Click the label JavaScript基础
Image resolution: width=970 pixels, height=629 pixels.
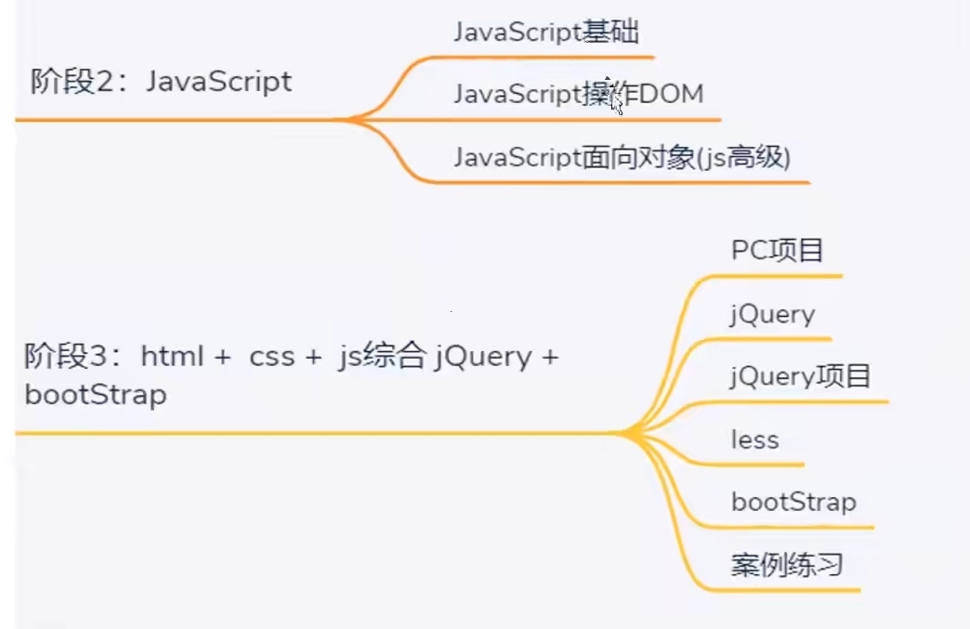click(x=546, y=33)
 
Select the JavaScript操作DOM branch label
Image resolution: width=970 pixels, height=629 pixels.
click(x=578, y=95)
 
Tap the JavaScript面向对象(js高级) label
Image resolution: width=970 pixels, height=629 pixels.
click(x=622, y=158)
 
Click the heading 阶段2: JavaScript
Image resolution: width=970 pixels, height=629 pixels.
click(x=161, y=82)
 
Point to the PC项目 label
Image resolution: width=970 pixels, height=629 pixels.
click(x=777, y=251)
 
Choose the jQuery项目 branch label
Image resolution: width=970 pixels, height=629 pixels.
click(x=800, y=376)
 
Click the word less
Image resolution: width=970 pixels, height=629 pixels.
click(x=754, y=439)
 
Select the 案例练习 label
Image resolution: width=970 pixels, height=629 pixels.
click(x=786, y=565)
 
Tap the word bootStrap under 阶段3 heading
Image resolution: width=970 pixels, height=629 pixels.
click(x=96, y=395)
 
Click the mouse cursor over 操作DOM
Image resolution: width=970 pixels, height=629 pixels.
click(x=616, y=102)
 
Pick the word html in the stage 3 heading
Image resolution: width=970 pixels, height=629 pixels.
click(x=172, y=357)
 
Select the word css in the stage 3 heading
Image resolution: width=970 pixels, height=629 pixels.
click(x=271, y=357)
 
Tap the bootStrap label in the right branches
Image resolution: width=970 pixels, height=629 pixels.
click(x=793, y=503)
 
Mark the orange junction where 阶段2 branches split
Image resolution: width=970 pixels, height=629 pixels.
click(x=353, y=120)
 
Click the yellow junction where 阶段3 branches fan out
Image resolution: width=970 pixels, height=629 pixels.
click(x=624, y=433)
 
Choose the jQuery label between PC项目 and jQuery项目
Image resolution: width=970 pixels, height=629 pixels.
click(x=772, y=314)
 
